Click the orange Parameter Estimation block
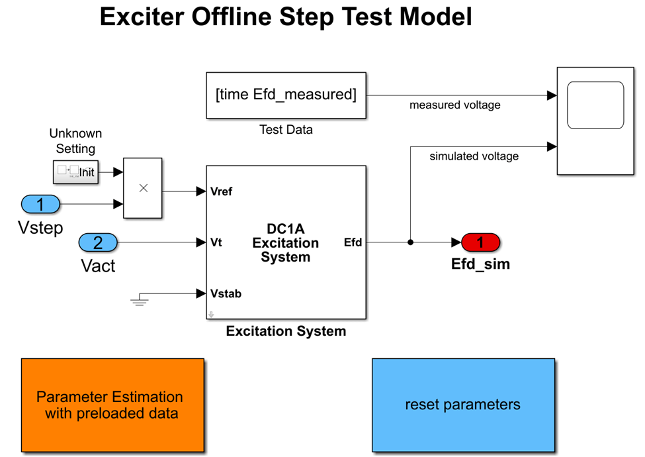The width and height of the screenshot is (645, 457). click(112, 405)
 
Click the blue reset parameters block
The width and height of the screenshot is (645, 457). click(462, 405)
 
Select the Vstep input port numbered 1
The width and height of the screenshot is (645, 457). click(40, 204)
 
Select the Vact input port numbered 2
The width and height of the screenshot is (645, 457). click(98, 242)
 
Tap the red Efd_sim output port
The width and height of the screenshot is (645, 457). click(480, 242)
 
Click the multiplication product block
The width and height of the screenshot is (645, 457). click(143, 188)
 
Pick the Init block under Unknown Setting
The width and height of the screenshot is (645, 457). click(76, 172)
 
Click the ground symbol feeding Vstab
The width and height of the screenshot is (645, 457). click(139, 301)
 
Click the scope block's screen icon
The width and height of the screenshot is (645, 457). click(595, 105)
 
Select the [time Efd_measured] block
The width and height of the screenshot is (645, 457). click(286, 95)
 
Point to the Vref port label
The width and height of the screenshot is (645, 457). click(221, 192)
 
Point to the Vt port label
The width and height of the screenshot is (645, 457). click(216, 242)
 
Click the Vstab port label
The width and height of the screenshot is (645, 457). click(226, 293)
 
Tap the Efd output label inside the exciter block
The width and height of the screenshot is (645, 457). click(353, 242)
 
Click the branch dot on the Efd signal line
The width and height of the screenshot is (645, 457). click(411, 242)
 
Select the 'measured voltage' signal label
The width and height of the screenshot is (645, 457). click(454, 105)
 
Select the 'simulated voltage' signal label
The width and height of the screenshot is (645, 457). click(474, 156)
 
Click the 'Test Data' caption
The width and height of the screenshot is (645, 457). click(286, 130)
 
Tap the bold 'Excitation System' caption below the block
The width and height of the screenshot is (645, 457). click(286, 331)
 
